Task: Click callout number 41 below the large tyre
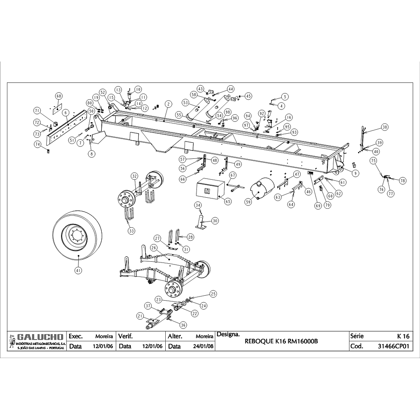coord(78,270)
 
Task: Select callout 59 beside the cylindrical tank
coord(248,201)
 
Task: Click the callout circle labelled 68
coord(59,96)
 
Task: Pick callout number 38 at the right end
coord(384,127)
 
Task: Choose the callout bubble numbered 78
coord(402,180)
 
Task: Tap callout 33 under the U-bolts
coord(131,231)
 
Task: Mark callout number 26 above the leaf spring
coord(153,248)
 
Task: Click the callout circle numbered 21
coord(140,316)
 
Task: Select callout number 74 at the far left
coord(37,144)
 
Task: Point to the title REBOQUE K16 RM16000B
coord(281,341)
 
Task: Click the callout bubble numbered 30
coord(215,221)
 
